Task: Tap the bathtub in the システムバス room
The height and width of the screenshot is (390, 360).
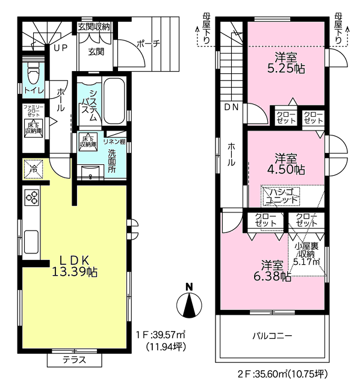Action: tap(114, 101)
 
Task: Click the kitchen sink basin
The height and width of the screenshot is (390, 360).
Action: tap(31, 242)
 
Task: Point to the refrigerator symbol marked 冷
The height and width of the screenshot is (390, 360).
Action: tap(34, 169)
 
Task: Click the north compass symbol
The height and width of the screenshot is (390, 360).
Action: tap(189, 302)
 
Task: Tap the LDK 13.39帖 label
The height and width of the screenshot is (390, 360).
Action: tap(74, 266)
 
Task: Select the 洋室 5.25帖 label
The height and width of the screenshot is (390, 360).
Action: tap(286, 63)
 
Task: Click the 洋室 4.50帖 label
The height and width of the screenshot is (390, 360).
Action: tap(286, 164)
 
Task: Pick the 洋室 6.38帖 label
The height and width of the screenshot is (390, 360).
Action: tap(272, 271)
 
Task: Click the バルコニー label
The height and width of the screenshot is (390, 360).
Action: tap(272, 336)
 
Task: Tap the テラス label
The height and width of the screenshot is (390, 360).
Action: tap(74, 360)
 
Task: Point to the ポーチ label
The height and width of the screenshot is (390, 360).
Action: tap(148, 44)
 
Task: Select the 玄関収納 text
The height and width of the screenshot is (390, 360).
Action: tap(94, 27)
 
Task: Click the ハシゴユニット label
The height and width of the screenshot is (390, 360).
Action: tap(281, 196)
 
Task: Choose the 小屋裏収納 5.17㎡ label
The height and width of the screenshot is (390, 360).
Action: tap(307, 254)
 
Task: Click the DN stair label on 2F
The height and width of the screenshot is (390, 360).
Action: tap(231, 107)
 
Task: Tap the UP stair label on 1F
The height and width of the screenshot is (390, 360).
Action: tap(61, 48)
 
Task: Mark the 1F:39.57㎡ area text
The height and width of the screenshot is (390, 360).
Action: tap(161, 335)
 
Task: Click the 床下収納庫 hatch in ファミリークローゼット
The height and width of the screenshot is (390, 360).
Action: tap(34, 128)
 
